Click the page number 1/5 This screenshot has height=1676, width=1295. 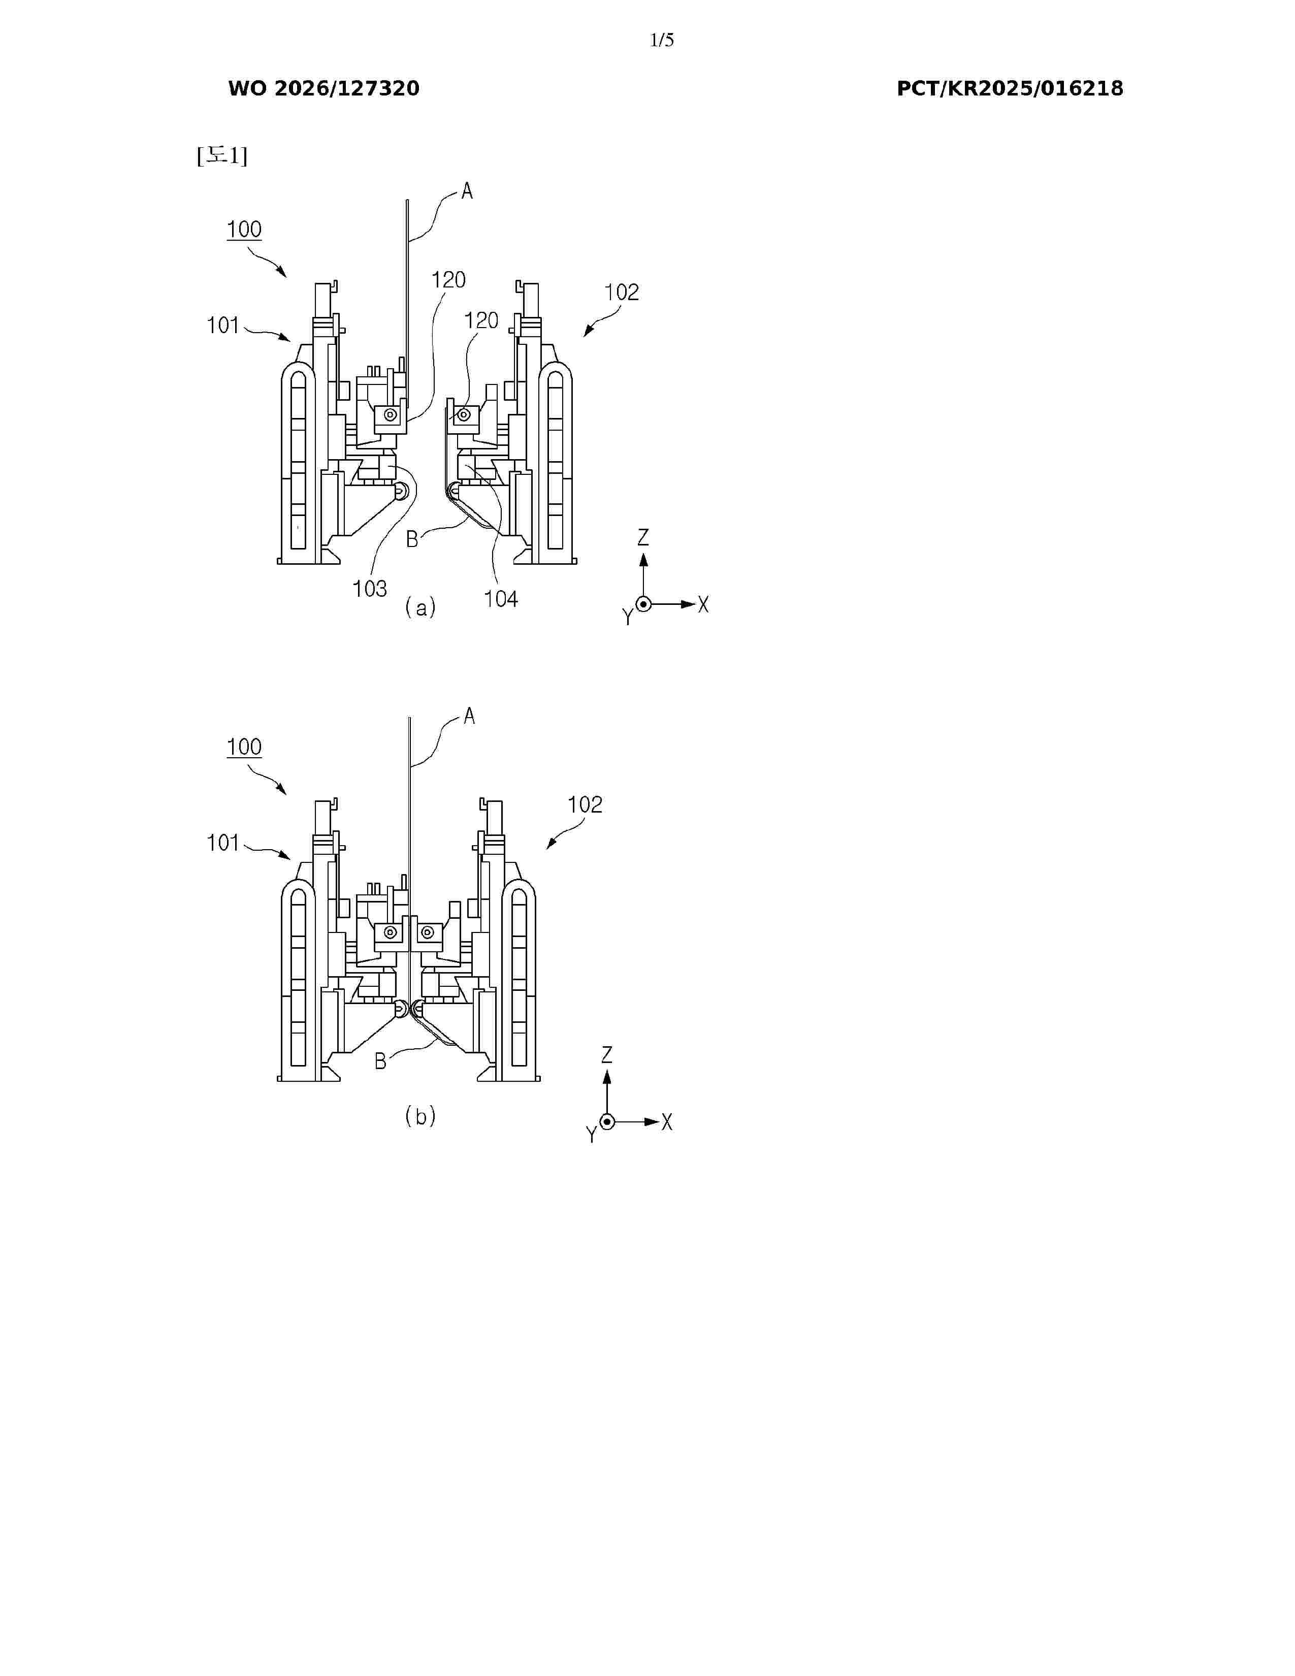tap(661, 41)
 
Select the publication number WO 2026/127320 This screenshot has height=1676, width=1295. tap(324, 89)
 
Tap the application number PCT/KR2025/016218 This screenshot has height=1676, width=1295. tap(1010, 89)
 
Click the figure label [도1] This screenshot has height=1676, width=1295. tap(222, 156)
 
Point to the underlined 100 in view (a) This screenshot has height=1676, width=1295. tap(244, 230)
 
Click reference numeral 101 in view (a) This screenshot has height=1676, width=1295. tap(223, 326)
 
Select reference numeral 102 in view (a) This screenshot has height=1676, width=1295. tap(622, 293)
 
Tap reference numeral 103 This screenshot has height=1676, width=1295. tap(370, 589)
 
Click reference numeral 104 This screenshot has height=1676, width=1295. tap(501, 599)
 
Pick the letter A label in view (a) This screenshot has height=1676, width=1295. tap(467, 191)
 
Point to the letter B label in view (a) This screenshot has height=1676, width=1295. tap(412, 539)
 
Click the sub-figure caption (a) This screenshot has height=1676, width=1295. tap(420, 608)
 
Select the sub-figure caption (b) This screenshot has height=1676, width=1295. tap(420, 1116)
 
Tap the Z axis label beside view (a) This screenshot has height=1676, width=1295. tap(643, 537)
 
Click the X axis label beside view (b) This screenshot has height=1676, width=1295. tap(667, 1122)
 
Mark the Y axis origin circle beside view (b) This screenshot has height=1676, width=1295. tap(607, 1122)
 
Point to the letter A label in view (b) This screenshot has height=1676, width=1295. tap(470, 717)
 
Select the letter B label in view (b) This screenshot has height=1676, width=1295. tap(380, 1061)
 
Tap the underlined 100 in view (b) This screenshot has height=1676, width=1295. tap(244, 747)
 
